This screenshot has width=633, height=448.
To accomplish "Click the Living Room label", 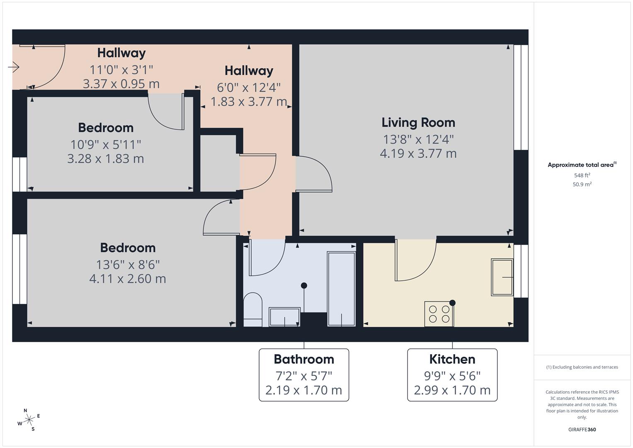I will (x=418, y=123).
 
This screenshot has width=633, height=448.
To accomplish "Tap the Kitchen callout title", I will (x=452, y=359).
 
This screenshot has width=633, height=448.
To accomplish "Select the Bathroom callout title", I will (x=303, y=359).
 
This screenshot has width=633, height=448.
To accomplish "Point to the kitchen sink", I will (x=502, y=277).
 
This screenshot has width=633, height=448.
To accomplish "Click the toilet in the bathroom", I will (x=252, y=309).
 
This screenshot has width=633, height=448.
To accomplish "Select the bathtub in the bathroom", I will (x=341, y=288).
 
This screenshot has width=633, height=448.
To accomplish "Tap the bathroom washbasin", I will (x=284, y=317).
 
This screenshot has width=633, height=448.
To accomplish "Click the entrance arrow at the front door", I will (x=14, y=67).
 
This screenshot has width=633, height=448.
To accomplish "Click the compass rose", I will (x=29, y=420).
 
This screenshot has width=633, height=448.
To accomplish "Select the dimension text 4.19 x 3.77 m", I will (x=418, y=153).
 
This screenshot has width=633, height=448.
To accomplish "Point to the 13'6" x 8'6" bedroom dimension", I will (x=128, y=265).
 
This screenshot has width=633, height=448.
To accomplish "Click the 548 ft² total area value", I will (x=582, y=175).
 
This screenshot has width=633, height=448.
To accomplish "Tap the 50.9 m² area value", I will (x=582, y=185).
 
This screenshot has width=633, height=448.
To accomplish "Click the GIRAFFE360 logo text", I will (x=582, y=430).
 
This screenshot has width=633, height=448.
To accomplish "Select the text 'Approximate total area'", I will (x=580, y=165).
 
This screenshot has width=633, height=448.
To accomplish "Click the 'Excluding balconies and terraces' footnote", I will (x=582, y=367).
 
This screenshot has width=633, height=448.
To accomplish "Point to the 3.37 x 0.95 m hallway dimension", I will (x=121, y=84).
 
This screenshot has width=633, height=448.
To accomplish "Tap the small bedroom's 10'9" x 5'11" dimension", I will (x=106, y=145).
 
